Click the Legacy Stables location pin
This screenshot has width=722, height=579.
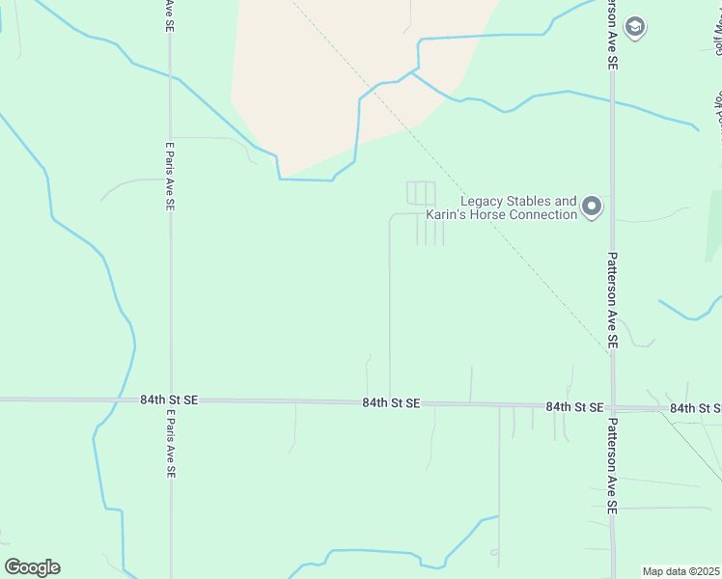click(593, 206)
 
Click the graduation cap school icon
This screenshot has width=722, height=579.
click(635, 27)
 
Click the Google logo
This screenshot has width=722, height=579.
click(32, 567)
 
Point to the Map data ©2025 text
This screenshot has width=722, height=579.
click(680, 571)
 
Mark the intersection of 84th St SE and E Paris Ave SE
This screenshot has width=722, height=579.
click(171, 400)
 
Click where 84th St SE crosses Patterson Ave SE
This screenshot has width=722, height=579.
click(612, 406)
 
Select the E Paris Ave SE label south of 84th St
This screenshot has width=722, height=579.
click(171, 444)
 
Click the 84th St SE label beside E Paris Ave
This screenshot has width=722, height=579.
click(168, 399)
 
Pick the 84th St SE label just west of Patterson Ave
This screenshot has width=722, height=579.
click(574, 407)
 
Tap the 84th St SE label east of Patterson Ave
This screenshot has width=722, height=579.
click(696, 408)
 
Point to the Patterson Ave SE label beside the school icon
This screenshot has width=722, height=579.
click(612, 36)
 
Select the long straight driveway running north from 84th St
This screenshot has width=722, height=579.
click(390, 309)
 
